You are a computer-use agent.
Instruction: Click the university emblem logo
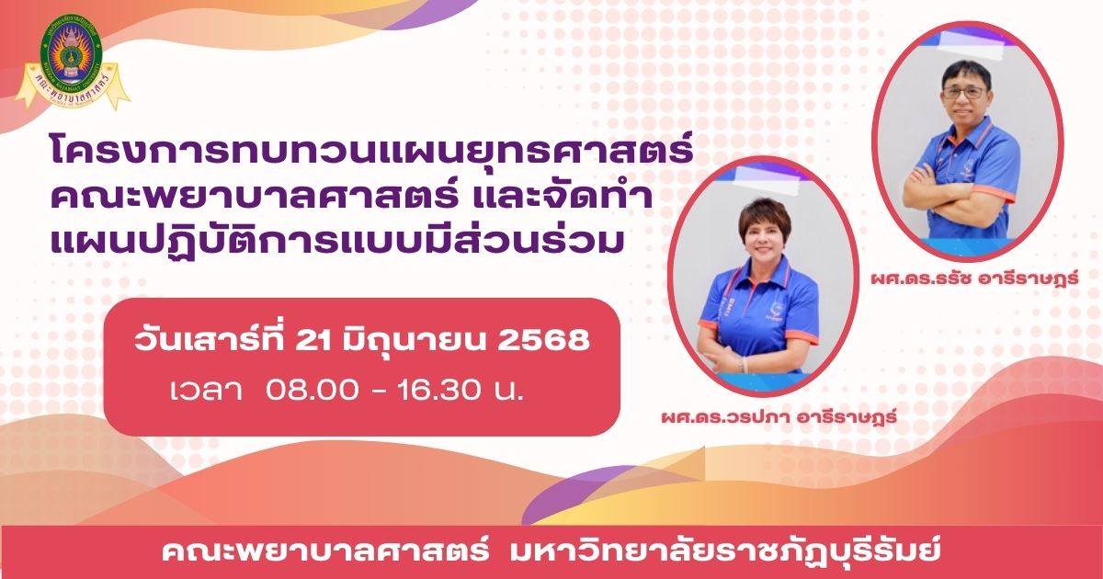point(72,62)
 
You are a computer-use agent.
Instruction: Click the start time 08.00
point(312,391)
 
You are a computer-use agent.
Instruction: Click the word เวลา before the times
point(206,392)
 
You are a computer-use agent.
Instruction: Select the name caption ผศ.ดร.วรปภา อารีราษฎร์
point(779,417)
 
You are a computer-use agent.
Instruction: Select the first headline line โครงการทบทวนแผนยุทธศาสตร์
point(372,148)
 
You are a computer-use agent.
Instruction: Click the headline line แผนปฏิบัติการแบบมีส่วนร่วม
point(335,240)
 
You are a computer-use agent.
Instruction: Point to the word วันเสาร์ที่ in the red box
point(209,339)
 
